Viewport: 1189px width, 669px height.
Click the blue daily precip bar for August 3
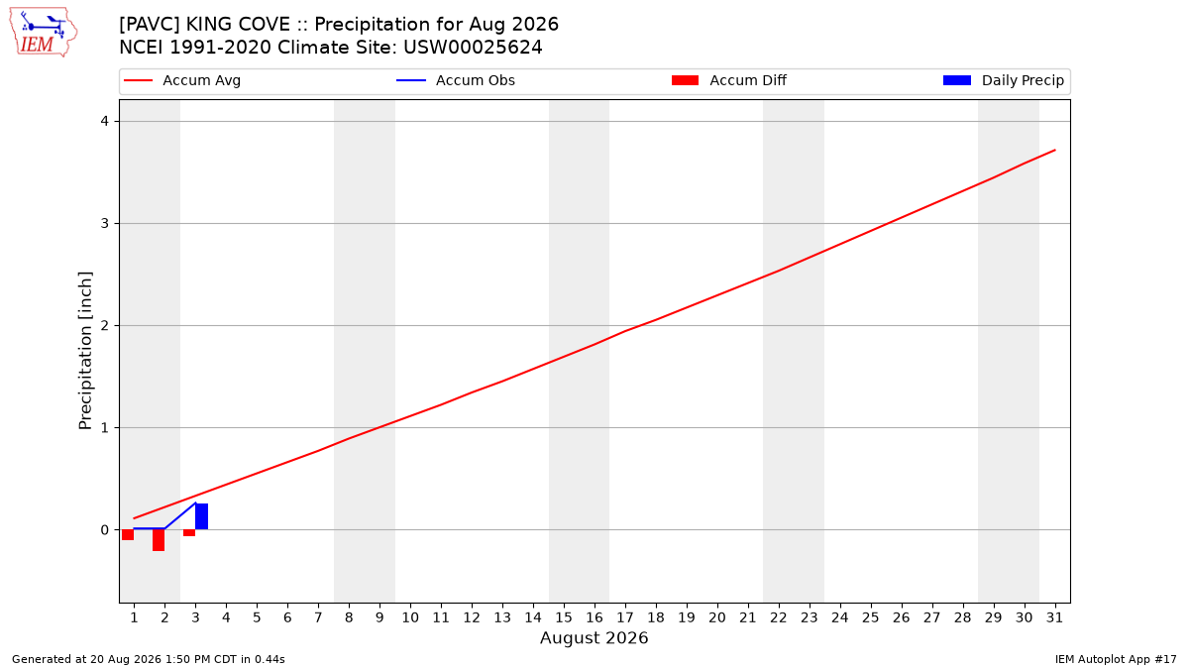click(x=202, y=516)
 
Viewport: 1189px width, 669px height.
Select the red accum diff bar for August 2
click(x=159, y=540)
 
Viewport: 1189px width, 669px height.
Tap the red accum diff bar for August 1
click(x=128, y=534)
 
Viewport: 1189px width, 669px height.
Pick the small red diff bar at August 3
click(x=189, y=532)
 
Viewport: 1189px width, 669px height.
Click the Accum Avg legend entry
click(x=182, y=80)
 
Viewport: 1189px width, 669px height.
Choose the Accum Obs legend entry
click(x=456, y=80)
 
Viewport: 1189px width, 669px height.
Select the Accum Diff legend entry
click(x=729, y=80)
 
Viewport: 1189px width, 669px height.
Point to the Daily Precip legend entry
click(x=1003, y=80)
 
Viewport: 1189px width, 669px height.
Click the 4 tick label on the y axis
click(x=105, y=122)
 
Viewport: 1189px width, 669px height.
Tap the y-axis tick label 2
click(x=105, y=325)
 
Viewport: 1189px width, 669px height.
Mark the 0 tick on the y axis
click(x=105, y=530)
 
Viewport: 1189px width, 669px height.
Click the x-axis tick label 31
click(x=1054, y=617)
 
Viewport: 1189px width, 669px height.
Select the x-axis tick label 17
click(x=625, y=617)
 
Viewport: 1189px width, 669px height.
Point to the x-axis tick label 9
click(x=379, y=617)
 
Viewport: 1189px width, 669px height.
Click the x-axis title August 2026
click(x=594, y=637)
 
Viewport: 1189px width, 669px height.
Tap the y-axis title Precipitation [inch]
click(x=85, y=351)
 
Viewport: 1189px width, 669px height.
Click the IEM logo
click(x=44, y=33)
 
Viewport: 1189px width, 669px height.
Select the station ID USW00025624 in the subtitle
click(x=473, y=48)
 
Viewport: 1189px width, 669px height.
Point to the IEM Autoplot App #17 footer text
click(x=1116, y=659)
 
